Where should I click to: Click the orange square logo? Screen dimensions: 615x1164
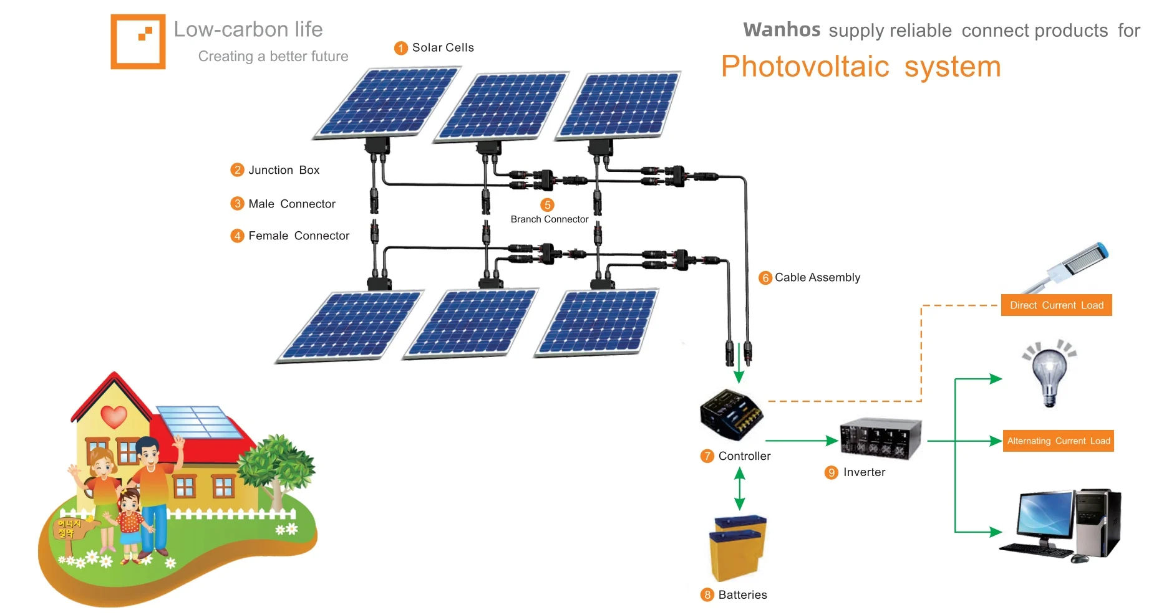138,41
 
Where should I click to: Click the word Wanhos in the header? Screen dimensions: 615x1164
782,30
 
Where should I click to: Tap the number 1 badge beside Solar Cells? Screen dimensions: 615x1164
401,48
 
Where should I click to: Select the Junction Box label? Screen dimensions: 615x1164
283,170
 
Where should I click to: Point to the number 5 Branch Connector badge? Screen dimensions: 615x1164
547,205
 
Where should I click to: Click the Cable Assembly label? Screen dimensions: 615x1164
817,277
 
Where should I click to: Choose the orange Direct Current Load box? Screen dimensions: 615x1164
1056,305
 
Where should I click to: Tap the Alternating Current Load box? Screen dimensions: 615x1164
1058,441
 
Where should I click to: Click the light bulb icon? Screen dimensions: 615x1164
1050,374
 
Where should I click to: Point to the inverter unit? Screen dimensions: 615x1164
880,438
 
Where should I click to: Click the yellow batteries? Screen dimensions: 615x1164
737,547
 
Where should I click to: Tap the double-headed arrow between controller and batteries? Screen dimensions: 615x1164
740,489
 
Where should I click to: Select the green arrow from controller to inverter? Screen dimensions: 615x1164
801,441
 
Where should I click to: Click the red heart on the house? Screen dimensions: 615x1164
114,416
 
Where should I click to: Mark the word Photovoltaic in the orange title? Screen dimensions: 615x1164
805,67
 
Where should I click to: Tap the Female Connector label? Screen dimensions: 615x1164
298,236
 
